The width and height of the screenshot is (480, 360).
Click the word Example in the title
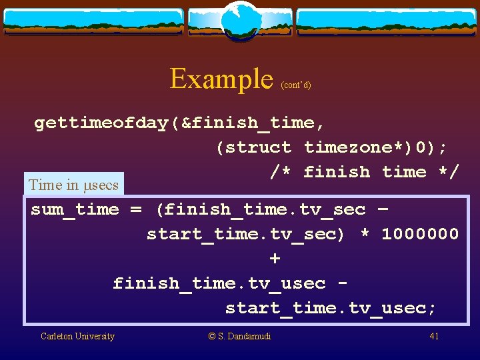pyautogui.click(x=221, y=79)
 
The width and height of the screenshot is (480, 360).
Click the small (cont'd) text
pyautogui.click(x=296, y=85)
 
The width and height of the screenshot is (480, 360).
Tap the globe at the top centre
pyautogui.click(x=240, y=21)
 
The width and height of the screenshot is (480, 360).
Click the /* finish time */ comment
pyautogui.click(x=365, y=172)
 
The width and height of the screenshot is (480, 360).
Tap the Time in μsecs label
pyautogui.click(x=73, y=185)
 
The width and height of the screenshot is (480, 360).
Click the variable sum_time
pyautogui.click(x=75, y=209)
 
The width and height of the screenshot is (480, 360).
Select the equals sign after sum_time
pyautogui.click(x=136, y=209)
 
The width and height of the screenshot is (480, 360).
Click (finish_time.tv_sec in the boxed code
pyautogui.click(x=260, y=209)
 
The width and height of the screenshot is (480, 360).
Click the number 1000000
pyautogui.click(x=420, y=234)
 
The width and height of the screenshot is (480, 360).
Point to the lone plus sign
pyautogui.click(x=275, y=258)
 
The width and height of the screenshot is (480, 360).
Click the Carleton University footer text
pyautogui.click(x=77, y=336)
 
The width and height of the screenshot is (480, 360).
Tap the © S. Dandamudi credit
pyautogui.click(x=240, y=336)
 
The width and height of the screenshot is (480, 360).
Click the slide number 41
pyautogui.click(x=434, y=336)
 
